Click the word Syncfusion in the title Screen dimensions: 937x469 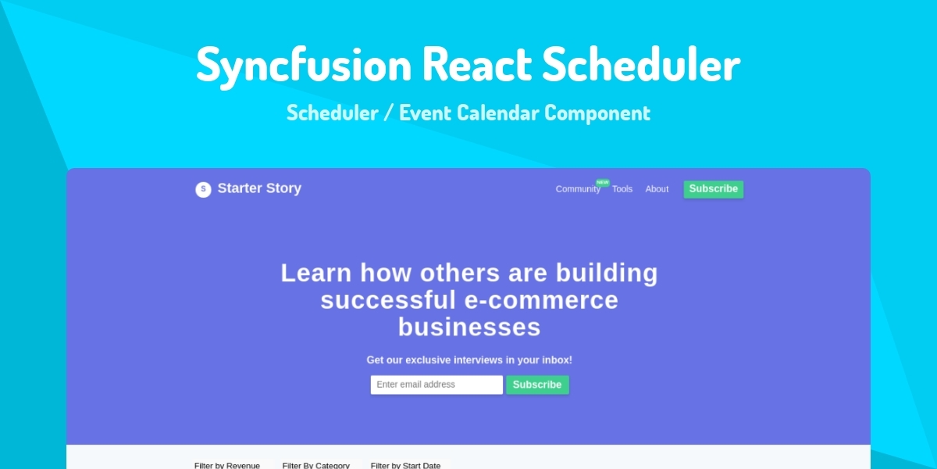[304, 66]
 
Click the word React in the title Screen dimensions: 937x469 [477, 63]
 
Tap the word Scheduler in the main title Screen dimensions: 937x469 [641, 63]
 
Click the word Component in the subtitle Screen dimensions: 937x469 [597, 113]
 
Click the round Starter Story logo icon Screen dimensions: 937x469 [203, 189]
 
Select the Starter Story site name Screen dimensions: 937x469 [259, 188]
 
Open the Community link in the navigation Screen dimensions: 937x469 [578, 189]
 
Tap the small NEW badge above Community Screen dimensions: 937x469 [602, 182]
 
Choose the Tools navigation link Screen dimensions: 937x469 [622, 189]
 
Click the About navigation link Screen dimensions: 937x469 [657, 189]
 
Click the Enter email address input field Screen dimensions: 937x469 [436, 385]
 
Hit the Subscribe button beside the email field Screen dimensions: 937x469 [537, 385]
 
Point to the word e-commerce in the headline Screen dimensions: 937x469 [541, 300]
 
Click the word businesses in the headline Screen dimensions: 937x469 [469, 327]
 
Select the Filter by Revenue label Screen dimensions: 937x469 [227, 465]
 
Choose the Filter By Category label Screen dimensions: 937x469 [315, 465]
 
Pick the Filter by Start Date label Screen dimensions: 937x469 [405, 465]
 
